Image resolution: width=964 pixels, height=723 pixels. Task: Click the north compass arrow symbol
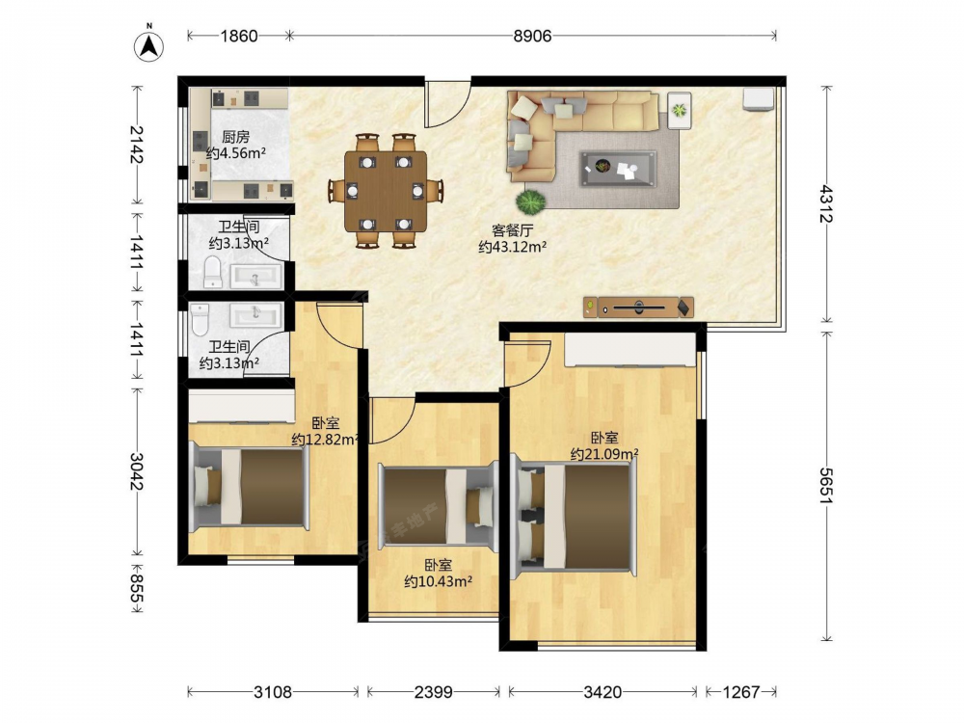click(148, 44)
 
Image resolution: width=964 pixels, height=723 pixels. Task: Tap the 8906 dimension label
click(532, 37)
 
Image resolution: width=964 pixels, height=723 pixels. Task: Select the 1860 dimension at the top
click(239, 37)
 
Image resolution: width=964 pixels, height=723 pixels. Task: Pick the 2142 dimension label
click(137, 144)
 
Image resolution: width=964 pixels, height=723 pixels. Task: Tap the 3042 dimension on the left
click(137, 471)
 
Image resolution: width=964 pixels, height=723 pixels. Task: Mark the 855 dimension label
click(137, 589)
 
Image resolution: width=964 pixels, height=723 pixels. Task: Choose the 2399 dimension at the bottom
click(434, 693)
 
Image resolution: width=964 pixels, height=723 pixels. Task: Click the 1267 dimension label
click(740, 693)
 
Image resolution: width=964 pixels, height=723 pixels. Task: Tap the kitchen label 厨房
click(235, 137)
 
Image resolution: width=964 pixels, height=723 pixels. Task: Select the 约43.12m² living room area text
click(513, 247)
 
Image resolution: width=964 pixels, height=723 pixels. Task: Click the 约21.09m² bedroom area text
click(603, 454)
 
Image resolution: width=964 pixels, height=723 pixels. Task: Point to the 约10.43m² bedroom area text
click(438, 581)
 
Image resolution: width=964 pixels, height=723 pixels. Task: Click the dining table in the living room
click(386, 192)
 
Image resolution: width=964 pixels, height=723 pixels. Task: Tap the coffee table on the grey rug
click(618, 168)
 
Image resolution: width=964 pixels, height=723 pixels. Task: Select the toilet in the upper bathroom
click(213, 272)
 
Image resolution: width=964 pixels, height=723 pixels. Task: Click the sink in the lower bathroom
click(255, 316)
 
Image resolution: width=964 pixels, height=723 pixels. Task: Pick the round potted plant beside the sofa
click(530, 201)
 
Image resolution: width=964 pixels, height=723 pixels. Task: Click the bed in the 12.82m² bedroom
click(249, 486)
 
